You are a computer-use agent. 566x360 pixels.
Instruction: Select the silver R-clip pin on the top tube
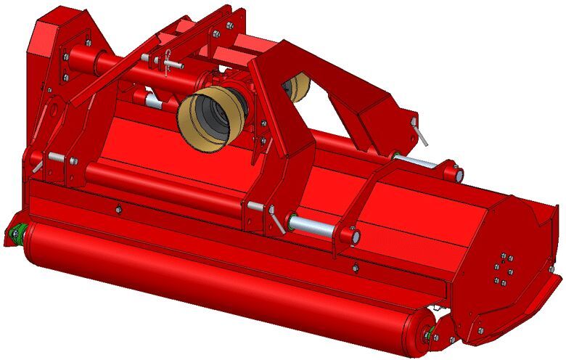(x=171, y=63)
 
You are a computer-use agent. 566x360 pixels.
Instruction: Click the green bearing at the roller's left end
(x=16, y=234)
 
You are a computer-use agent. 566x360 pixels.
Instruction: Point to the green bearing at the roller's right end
(x=432, y=334)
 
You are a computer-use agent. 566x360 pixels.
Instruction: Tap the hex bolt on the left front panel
(x=118, y=210)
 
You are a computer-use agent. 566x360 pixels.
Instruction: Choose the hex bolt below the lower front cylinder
(x=356, y=268)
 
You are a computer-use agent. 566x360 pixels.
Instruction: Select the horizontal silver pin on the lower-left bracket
(x=57, y=157)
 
